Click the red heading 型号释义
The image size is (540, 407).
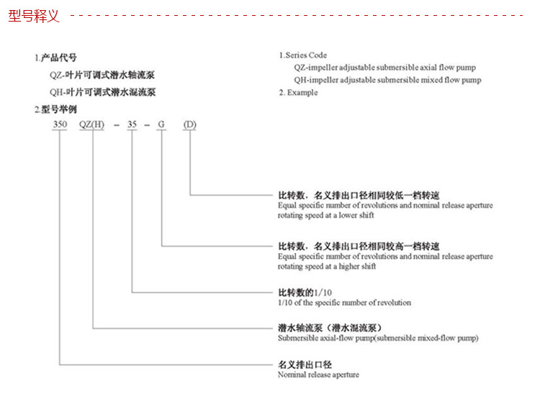click(x=34, y=16)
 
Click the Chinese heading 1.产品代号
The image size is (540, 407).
click(x=55, y=58)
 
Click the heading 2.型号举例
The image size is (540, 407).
click(x=55, y=109)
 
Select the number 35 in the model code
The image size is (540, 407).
click(x=132, y=125)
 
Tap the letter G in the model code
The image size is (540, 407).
click(x=162, y=125)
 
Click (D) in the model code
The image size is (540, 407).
click(x=190, y=125)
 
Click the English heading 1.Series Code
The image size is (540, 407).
click(x=303, y=55)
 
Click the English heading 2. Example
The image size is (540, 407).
click(x=298, y=93)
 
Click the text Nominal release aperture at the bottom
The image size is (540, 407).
click(x=318, y=375)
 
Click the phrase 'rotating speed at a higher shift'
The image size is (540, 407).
click(x=327, y=267)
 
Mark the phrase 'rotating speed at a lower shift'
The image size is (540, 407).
click(x=326, y=215)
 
